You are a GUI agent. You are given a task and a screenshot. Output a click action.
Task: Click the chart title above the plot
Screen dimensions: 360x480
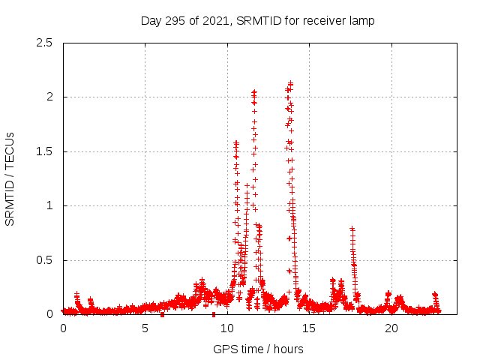[257, 20]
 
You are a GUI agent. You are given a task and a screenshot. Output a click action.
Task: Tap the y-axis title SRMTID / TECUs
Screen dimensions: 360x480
[10, 178]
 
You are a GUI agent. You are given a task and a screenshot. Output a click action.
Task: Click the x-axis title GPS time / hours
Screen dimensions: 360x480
[258, 349]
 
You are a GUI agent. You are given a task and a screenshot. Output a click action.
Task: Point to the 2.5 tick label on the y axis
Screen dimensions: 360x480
[44, 43]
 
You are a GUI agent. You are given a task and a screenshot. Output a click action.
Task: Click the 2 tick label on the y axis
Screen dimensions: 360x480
[49, 97]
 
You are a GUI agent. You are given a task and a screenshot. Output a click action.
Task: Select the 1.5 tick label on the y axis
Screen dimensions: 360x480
[44, 151]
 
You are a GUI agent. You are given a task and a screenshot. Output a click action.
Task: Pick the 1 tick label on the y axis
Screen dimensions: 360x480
[49, 205]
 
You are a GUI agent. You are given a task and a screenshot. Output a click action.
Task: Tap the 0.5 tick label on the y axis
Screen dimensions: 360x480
[44, 260]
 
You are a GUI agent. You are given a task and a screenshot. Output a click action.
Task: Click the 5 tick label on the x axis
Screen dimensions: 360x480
[145, 328]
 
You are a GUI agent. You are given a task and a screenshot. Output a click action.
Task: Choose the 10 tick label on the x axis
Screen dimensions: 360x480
[227, 328]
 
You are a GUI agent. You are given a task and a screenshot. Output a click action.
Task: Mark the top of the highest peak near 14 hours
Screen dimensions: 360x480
[290, 83]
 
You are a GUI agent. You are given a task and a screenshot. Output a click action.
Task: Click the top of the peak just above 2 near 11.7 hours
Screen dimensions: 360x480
[254, 92]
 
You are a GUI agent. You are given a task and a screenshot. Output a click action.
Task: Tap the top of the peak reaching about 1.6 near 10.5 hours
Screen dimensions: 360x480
[236, 142]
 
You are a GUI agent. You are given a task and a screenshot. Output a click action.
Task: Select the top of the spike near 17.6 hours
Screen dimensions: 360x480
[352, 228]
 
